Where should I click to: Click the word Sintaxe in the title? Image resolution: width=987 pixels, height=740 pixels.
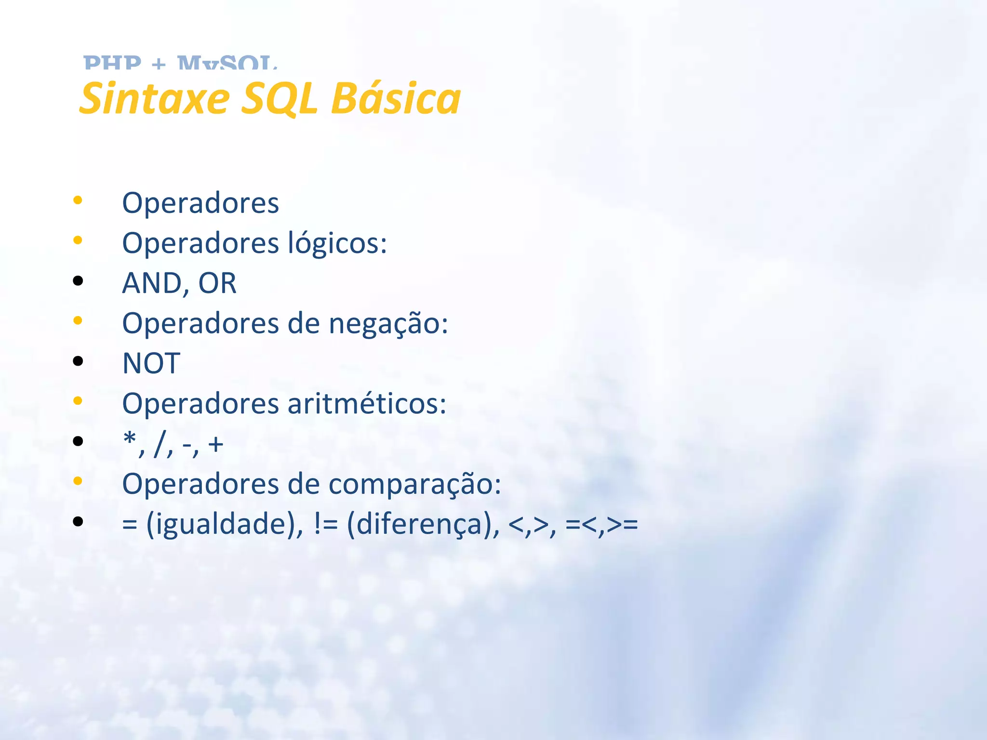tap(155, 98)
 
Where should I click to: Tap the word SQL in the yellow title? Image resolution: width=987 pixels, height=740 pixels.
tap(280, 98)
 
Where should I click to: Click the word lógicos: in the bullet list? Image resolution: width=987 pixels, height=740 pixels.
tap(337, 242)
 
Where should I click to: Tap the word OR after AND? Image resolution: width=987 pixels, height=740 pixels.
tap(217, 283)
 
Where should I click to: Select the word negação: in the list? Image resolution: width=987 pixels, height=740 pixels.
tap(388, 323)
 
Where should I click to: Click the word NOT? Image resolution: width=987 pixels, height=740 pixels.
tap(151, 363)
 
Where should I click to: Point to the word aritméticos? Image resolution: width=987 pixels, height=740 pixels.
tap(367, 403)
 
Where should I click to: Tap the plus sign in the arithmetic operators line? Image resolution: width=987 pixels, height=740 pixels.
tap(216, 444)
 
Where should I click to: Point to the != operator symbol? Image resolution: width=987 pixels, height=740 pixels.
tap(326, 524)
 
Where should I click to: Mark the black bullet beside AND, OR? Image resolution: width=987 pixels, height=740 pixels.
tap(78, 281)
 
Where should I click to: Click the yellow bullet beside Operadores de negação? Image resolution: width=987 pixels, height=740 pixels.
tap(78, 320)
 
